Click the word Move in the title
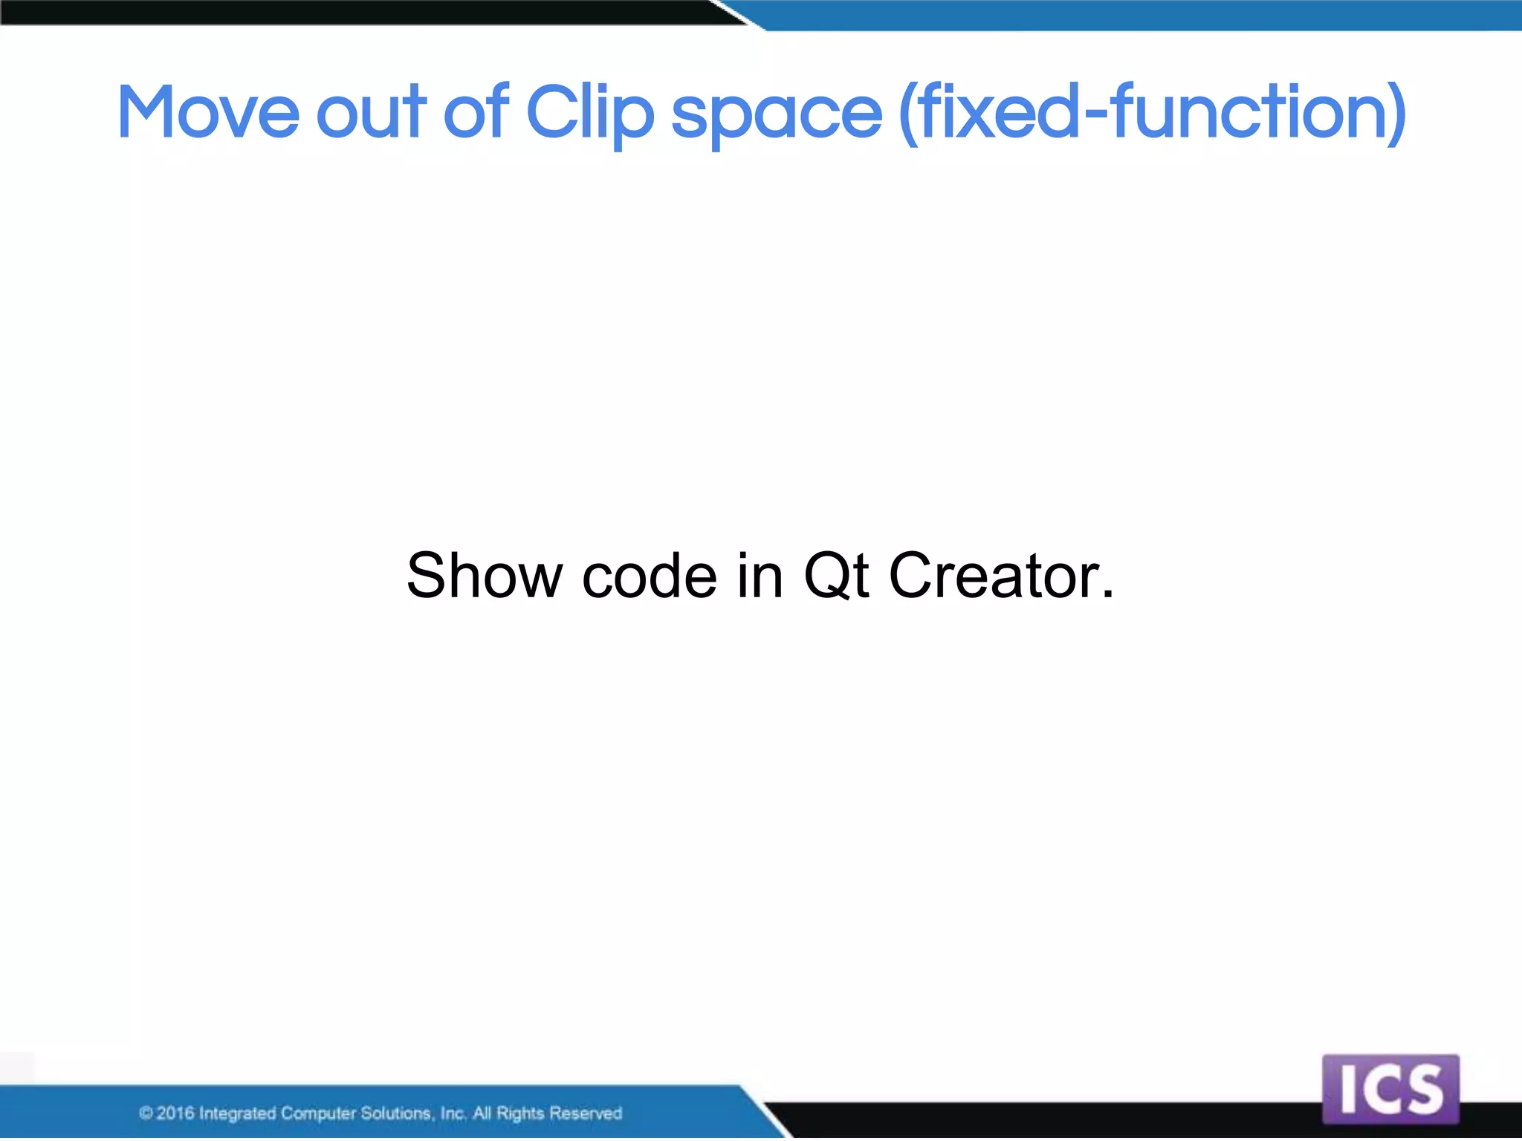(208, 113)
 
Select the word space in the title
(776, 115)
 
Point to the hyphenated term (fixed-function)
(1152, 113)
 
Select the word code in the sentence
(650, 576)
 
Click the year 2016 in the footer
(175, 1113)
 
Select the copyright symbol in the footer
(146, 1113)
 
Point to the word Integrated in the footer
(237, 1113)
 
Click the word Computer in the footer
(318, 1113)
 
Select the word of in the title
(476, 113)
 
